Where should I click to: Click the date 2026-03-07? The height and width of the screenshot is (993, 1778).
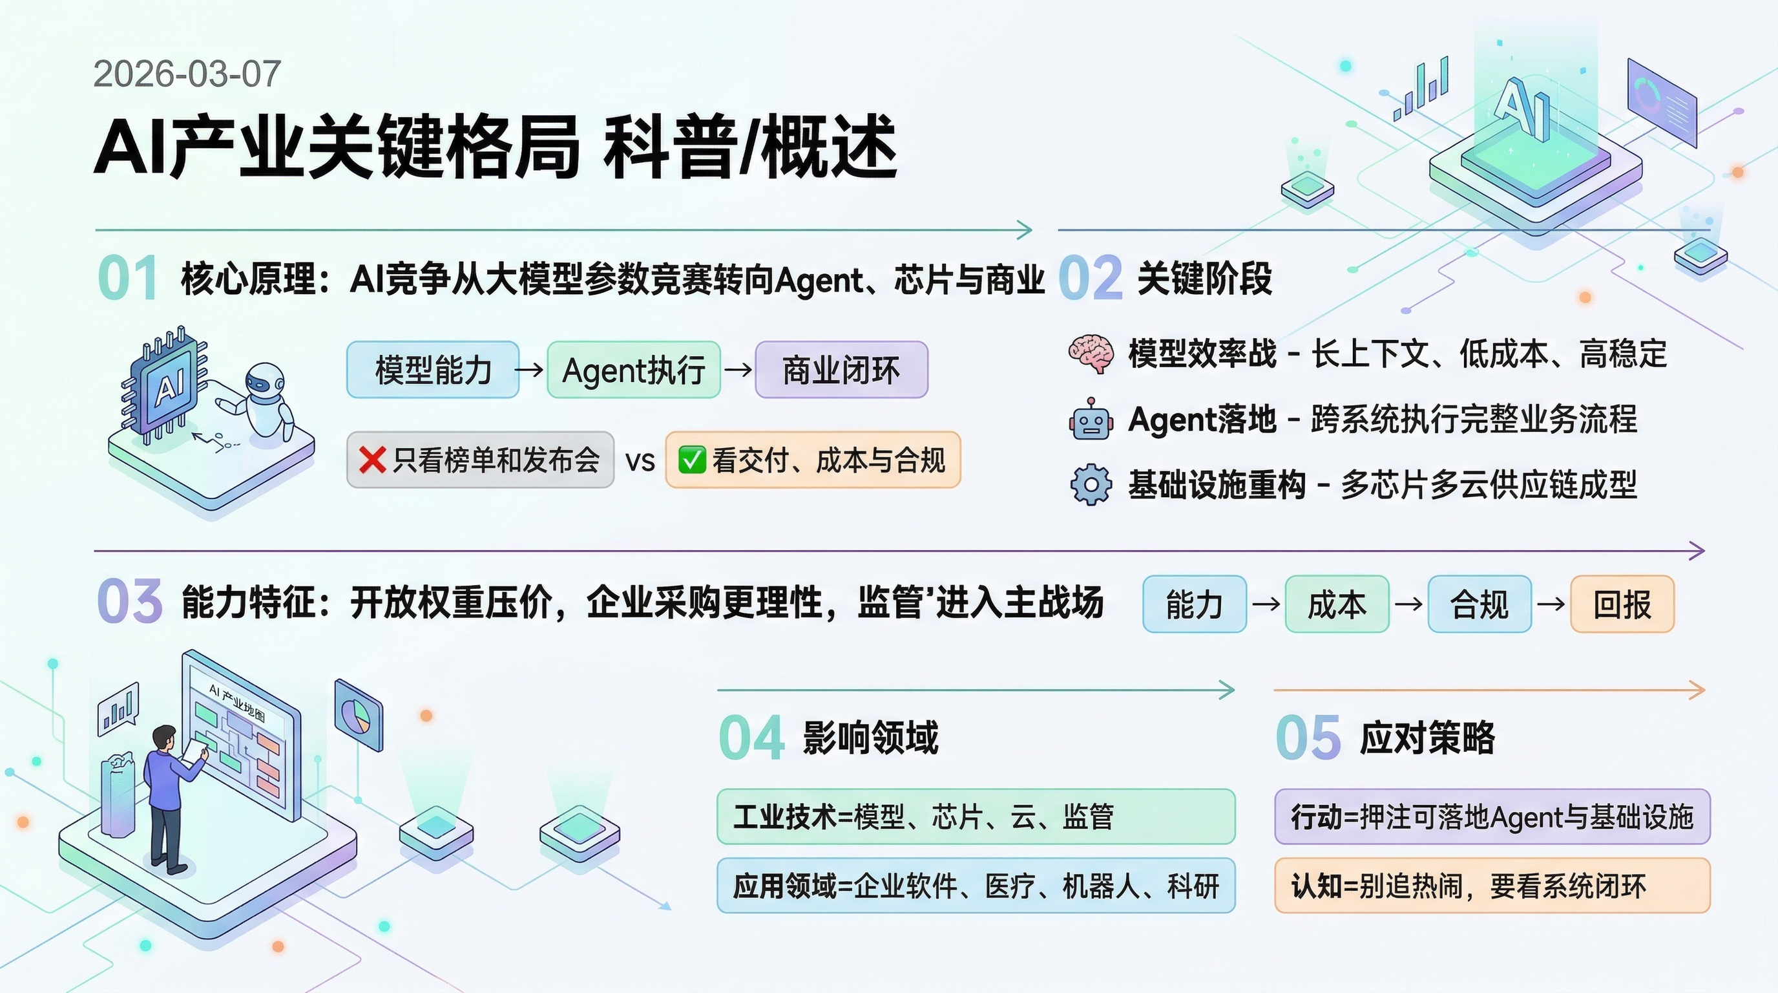[x=187, y=74]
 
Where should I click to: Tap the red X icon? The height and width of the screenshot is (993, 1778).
[x=373, y=460]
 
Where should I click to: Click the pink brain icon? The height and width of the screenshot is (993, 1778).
[x=1091, y=354]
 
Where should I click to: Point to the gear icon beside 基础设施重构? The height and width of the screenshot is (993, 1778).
[x=1091, y=485]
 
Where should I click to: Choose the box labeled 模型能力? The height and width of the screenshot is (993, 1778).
[x=433, y=370]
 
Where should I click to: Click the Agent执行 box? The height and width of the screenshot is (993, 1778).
[x=634, y=370]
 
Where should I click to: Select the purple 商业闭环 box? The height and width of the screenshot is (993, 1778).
[x=841, y=370]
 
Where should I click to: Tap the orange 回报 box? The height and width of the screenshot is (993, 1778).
[x=1622, y=604]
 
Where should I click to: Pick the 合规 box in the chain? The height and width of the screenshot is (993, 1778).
[x=1479, y=604]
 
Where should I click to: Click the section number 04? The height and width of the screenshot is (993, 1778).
[x=751, y=738]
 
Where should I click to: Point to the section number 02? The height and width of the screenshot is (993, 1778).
[x=1090, y=278]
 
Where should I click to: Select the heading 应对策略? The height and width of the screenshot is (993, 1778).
[x=1427, y=738]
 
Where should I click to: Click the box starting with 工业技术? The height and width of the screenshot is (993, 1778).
[x=976, y=817]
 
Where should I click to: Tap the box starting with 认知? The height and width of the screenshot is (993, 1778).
[x=1492, y=886]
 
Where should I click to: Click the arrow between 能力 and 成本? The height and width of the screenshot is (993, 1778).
[x=1266, y=604]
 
